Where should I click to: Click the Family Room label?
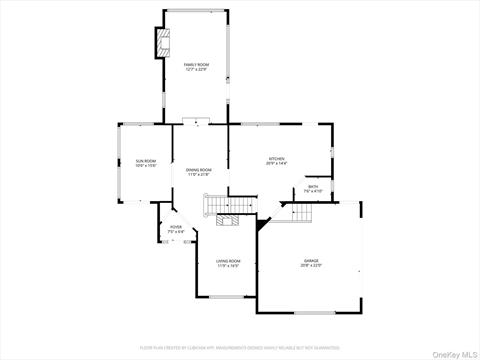[196, 64]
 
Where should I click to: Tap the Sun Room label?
[146, 160]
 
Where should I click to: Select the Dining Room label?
[198, 170]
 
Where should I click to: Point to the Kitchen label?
[276, 159]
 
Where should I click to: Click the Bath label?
[313, 186]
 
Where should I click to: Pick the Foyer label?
[175, 227]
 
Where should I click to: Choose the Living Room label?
[228, 261]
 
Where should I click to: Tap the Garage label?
[312, 261]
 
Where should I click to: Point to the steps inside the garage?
[301, 213]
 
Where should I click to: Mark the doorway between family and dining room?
[197, 124]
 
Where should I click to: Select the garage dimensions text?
[312, 266]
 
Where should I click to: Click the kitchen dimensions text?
[276, 164]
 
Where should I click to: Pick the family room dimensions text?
[196, 69]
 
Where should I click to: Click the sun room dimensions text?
[146, 165]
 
